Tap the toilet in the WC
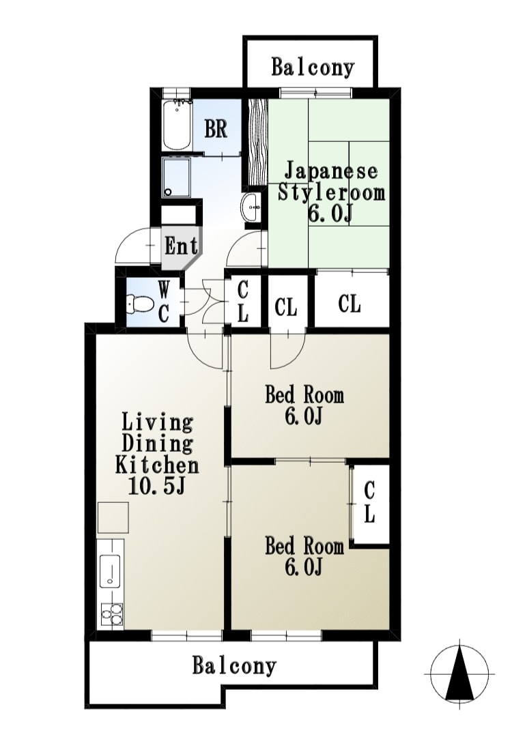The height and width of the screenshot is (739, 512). click(140, 304)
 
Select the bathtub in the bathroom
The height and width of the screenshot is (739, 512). click(177, 124)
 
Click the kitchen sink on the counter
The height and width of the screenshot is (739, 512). click(110, 571)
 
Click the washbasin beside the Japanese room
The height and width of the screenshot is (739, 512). click(251, 207)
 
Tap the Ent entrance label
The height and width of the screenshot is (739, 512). click(182, 246)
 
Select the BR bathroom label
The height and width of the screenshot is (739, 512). click(216, 128)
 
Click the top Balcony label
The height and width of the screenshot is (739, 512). click(312, 68)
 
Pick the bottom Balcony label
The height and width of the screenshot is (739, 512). click(234, 665)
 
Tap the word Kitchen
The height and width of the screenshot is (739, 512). click(157, 465)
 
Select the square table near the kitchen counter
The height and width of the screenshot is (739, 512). click(113, 517)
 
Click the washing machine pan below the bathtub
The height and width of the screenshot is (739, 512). click(177, 177)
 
